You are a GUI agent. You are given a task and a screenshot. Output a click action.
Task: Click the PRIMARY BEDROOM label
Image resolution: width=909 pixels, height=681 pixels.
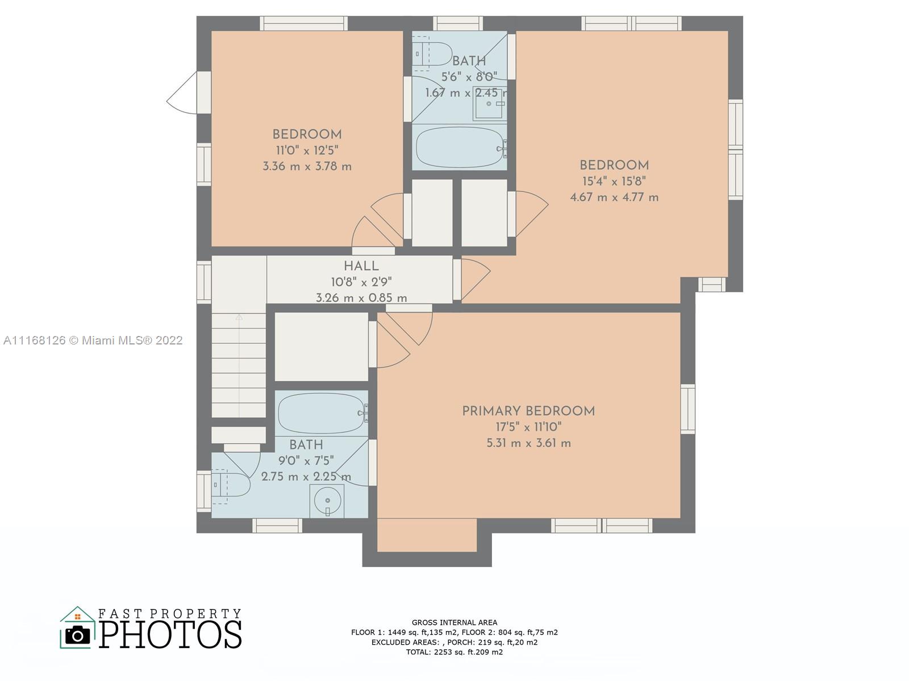(x=528, y=411)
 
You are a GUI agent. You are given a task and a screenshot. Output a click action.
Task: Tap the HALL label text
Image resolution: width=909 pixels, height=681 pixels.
(x=361, y=266)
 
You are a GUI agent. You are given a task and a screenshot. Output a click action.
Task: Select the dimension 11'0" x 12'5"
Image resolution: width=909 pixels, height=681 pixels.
(x=307, y=150)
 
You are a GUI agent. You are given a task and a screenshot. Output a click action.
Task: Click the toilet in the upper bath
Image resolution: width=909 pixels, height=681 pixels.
(x=431, y=51)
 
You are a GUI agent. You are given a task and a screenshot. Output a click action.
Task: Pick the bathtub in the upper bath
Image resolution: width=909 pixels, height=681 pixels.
(x=461, y=147)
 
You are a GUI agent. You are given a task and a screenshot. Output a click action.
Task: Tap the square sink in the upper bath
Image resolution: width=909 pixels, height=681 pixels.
(x=490, y=103)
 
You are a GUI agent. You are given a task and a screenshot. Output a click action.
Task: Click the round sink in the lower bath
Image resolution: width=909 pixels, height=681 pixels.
(x=327, y=501)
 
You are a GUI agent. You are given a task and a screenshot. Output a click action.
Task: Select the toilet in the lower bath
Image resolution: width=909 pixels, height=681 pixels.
(x=230, y=485)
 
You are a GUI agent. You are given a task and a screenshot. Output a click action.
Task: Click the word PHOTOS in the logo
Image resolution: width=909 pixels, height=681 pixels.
(x=170, y=634)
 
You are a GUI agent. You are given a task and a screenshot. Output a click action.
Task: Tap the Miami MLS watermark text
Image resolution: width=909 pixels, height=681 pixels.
(x=93, y=340)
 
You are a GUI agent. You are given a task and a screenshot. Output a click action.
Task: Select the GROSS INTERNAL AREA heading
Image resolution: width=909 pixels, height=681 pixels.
(x=454, y=623)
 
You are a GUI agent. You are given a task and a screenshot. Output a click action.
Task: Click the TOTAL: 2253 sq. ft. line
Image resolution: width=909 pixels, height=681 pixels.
(x=454, y=652)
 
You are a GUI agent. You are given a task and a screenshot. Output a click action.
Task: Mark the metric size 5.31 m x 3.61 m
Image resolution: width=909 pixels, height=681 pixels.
(x=528, y=443)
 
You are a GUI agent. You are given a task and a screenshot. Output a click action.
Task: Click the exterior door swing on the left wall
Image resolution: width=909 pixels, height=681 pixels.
(x=182, y=92)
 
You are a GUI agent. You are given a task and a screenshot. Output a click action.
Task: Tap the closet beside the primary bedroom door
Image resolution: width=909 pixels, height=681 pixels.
(x=322, y=347)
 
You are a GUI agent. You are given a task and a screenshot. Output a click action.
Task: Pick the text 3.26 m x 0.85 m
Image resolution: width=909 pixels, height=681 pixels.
(x=361, y=298)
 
